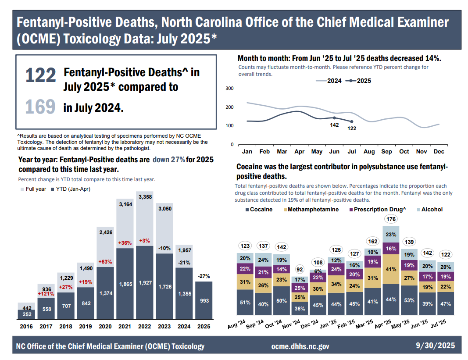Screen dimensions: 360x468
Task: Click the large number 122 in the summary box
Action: pos(40,75)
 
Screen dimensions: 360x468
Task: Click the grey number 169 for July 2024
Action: pos(40,107)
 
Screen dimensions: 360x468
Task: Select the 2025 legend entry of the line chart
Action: pos(358,81)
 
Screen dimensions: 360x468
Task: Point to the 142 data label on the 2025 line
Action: pos(334,125)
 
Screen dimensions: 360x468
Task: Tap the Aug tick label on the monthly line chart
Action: pos(369,152)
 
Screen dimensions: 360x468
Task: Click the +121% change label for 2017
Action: pos(46,293)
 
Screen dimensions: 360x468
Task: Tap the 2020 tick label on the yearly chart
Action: pos(105,327)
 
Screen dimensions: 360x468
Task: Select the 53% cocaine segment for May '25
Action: pos(409,300)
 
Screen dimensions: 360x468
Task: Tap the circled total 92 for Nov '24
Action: pos(300,269)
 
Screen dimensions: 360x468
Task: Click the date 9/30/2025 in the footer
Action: pos(436,346)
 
